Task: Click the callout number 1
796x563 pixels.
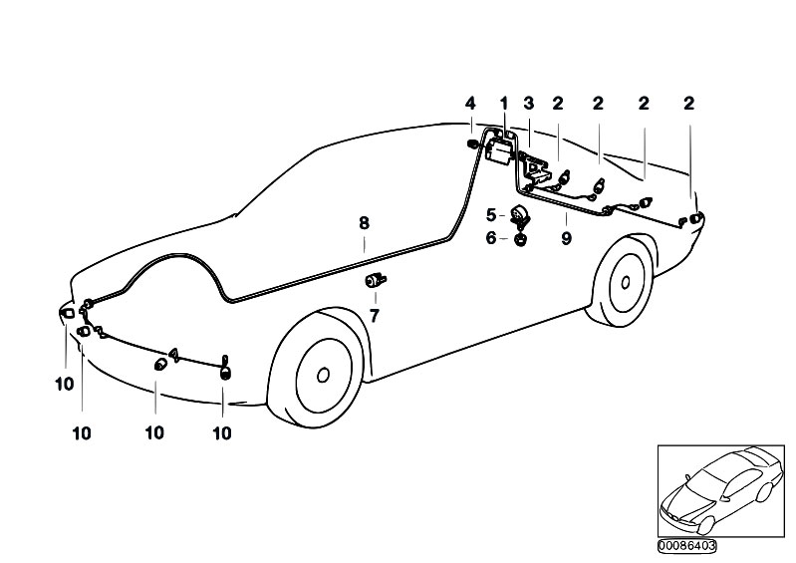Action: pyautogui.click(x=504, y=103)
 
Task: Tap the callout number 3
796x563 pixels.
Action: pyautogui.click(x=529, y=103)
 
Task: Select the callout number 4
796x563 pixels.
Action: pyautogui.click(x=471, y=103)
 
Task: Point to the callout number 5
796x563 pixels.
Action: pyautogui.click(x=491, y=214)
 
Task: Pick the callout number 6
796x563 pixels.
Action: pyautogui.click(x=491, y=237)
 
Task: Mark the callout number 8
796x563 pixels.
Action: pyautogui.click(x=365, y=225)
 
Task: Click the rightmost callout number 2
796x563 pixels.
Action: pyautogui.click(x=688, y=103)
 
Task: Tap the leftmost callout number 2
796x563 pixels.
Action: pyautogui.click(x=558, y=103)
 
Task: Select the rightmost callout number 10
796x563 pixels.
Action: pyautogui.click(x=222, y=432)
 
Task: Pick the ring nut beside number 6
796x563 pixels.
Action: pyautogui.click(x=520, y=238)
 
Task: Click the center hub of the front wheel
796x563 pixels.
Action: pyautogui.click(x=323, y=376)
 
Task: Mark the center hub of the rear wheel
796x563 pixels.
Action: pyautogui.click(x=625, y=281)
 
